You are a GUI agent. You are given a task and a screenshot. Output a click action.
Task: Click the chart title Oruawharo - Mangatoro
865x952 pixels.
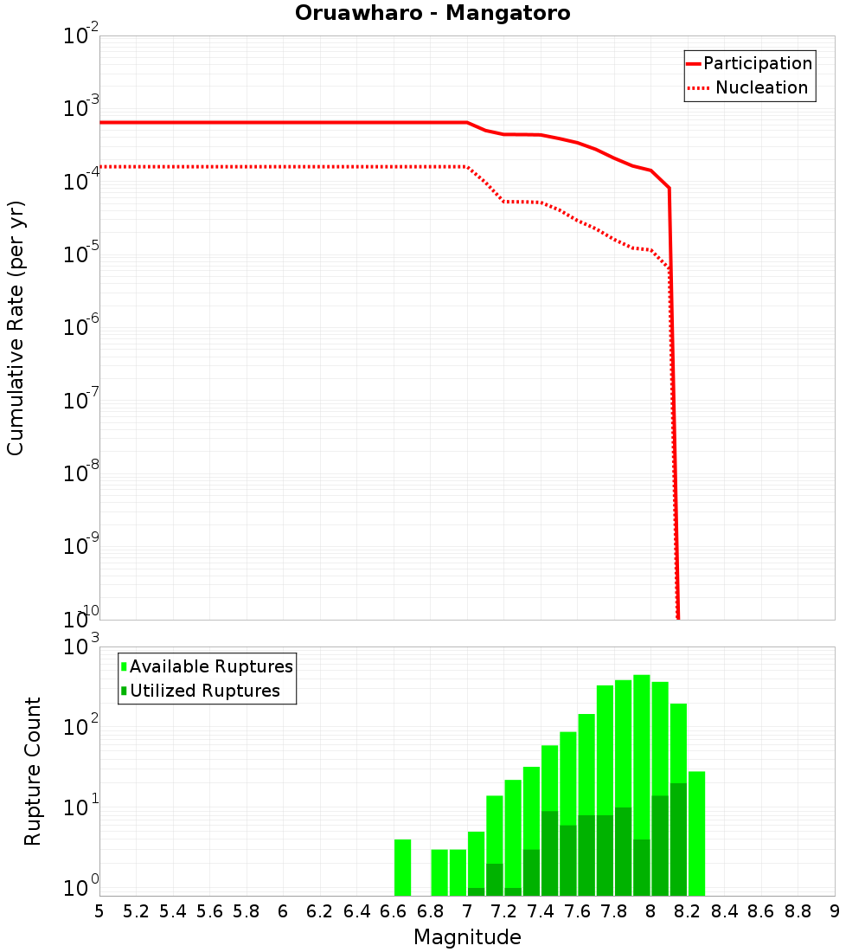(x=432, y=14)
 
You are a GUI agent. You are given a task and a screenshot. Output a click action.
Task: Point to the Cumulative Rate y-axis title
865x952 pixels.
(x=16, y=327)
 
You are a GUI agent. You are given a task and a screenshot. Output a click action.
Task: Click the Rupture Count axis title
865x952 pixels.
(x=33, y=771)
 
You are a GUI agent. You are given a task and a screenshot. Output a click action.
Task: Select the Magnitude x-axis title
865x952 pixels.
(x=467, y=937)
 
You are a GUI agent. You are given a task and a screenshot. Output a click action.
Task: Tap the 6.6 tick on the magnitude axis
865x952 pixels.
(x=394, y=911)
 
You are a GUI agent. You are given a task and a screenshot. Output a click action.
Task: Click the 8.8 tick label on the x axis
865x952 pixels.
(x=798, y=911)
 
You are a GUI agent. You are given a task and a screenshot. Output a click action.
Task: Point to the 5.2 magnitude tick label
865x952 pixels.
(x=136, y=911)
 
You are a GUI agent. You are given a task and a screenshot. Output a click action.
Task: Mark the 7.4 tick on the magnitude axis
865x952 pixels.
(x=541, y=911)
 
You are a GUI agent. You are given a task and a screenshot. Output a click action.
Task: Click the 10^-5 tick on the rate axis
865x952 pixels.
(x=80, y=253)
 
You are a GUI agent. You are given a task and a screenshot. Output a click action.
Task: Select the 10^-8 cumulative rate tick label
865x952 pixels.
(x=80, y=472)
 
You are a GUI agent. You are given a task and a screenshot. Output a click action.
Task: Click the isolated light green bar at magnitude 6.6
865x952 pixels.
(x=402, y=867)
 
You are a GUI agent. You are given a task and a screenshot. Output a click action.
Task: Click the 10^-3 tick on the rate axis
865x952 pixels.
(x=80, y=107)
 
